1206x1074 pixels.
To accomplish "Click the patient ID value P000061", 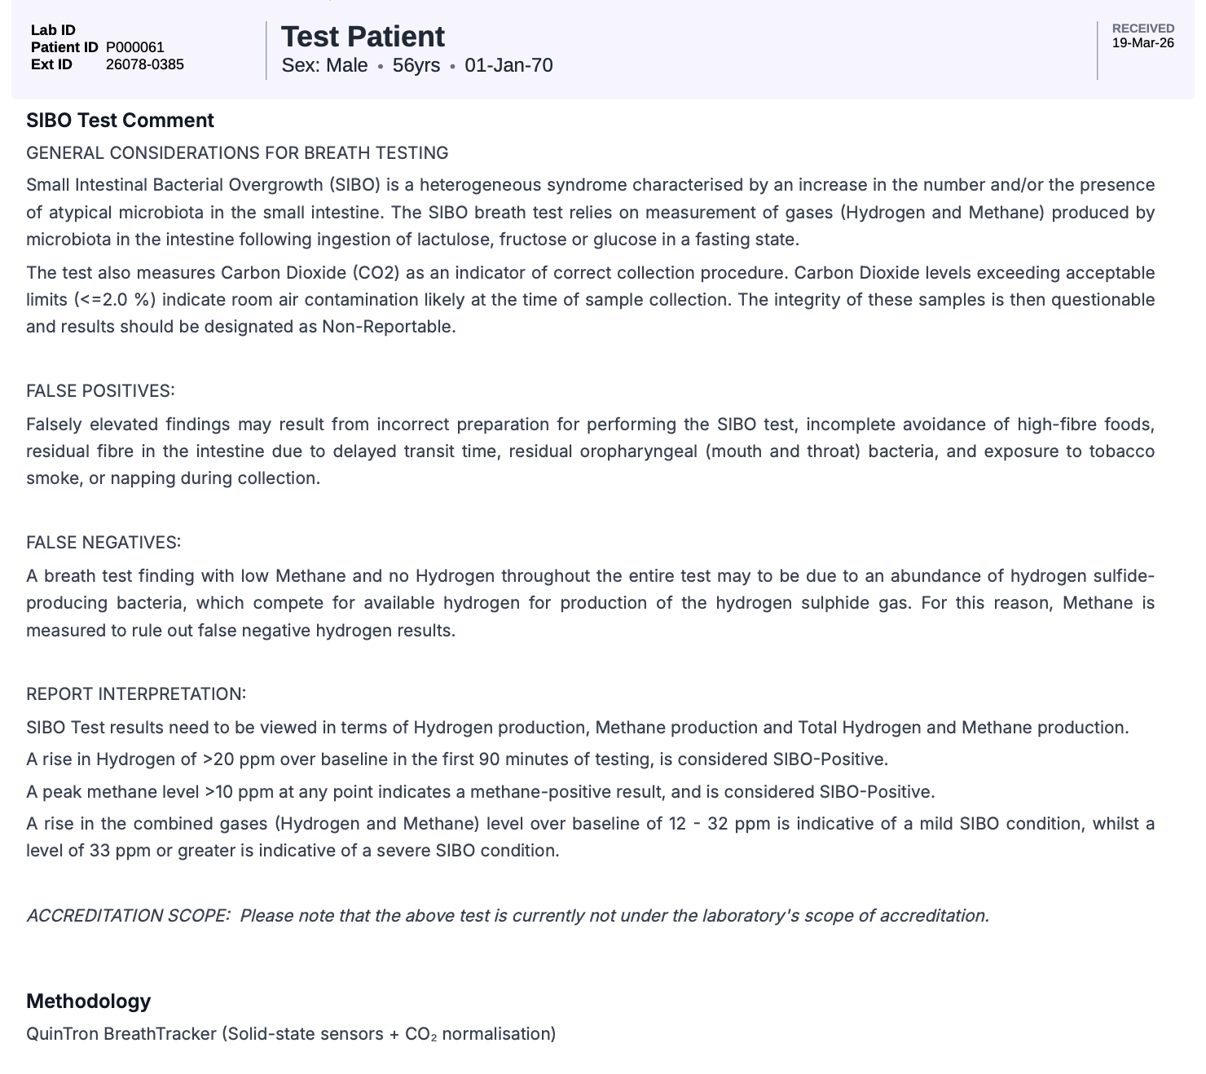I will [x=135, y=47].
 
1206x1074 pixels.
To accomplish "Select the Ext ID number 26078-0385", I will [x=145, y=64].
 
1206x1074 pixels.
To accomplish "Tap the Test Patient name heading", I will [x=363, y=37].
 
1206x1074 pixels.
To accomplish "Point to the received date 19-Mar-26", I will [x=1142, y=43].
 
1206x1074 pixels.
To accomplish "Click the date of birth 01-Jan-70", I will [x=508, y=65].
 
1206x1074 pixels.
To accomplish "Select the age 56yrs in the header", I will [x=416, y=65].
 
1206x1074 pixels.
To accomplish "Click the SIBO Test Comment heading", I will [x=120, y=121].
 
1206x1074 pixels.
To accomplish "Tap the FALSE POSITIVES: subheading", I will [x=100, y=391].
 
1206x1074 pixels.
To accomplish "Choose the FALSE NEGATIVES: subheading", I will [x=103, y=543].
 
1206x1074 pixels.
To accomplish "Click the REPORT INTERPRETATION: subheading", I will [x=136, y=694].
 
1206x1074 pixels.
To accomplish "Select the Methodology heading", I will [x=88, y=1001].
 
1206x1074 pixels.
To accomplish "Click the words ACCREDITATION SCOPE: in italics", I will [x=128, y=916].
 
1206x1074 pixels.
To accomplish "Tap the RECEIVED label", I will [x=1142, y=29].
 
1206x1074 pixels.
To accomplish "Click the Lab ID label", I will [x=53, y=30].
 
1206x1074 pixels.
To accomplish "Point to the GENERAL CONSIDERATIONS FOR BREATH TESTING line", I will [x=237, y=153].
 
